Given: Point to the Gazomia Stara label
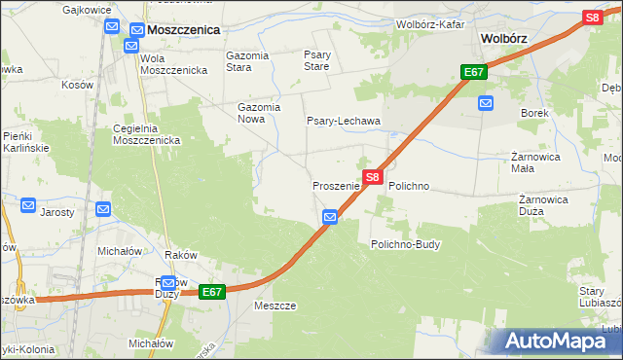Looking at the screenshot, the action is (x=246, y=62).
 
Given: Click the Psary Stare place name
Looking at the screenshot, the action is (x=317, y=62).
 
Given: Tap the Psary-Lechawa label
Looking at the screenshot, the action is (x=343, y=121).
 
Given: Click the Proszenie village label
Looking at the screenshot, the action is (x=337, y=185).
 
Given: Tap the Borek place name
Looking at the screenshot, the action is (x=535, y=113).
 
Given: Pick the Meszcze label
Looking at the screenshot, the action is (x=274, y=305).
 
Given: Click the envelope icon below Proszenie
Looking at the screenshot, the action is (x=330, y=217).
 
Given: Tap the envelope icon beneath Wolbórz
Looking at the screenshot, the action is (x=486, y=102).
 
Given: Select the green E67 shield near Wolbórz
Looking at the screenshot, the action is (x=474, y=73).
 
